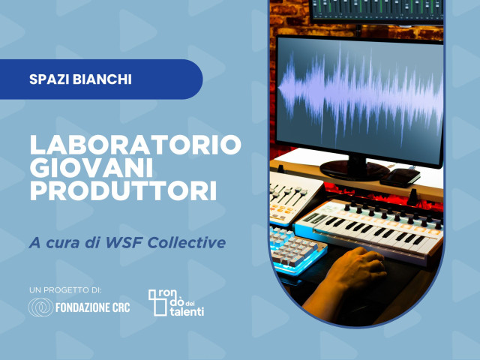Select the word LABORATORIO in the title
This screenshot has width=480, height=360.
point(135,144)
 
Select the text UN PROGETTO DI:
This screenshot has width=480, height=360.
point(64,289)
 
